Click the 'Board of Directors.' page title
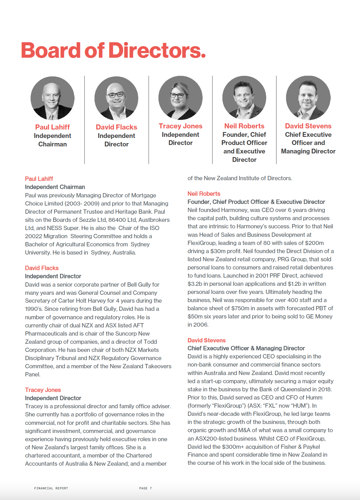113,50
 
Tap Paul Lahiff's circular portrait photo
52,98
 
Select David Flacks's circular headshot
116,98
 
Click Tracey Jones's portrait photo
180,98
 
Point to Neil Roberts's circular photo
244,98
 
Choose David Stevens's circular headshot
308,98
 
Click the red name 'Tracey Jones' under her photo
180,126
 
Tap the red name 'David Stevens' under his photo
308,126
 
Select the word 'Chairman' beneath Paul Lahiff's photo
52,144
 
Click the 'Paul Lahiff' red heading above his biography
39,179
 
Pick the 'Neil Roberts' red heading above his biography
204,194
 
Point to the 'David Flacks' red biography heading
42,268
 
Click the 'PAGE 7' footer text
145,488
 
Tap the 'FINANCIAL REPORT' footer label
51,488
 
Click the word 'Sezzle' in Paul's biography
87,220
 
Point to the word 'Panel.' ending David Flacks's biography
33,374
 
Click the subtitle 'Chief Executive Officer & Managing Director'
246,348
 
